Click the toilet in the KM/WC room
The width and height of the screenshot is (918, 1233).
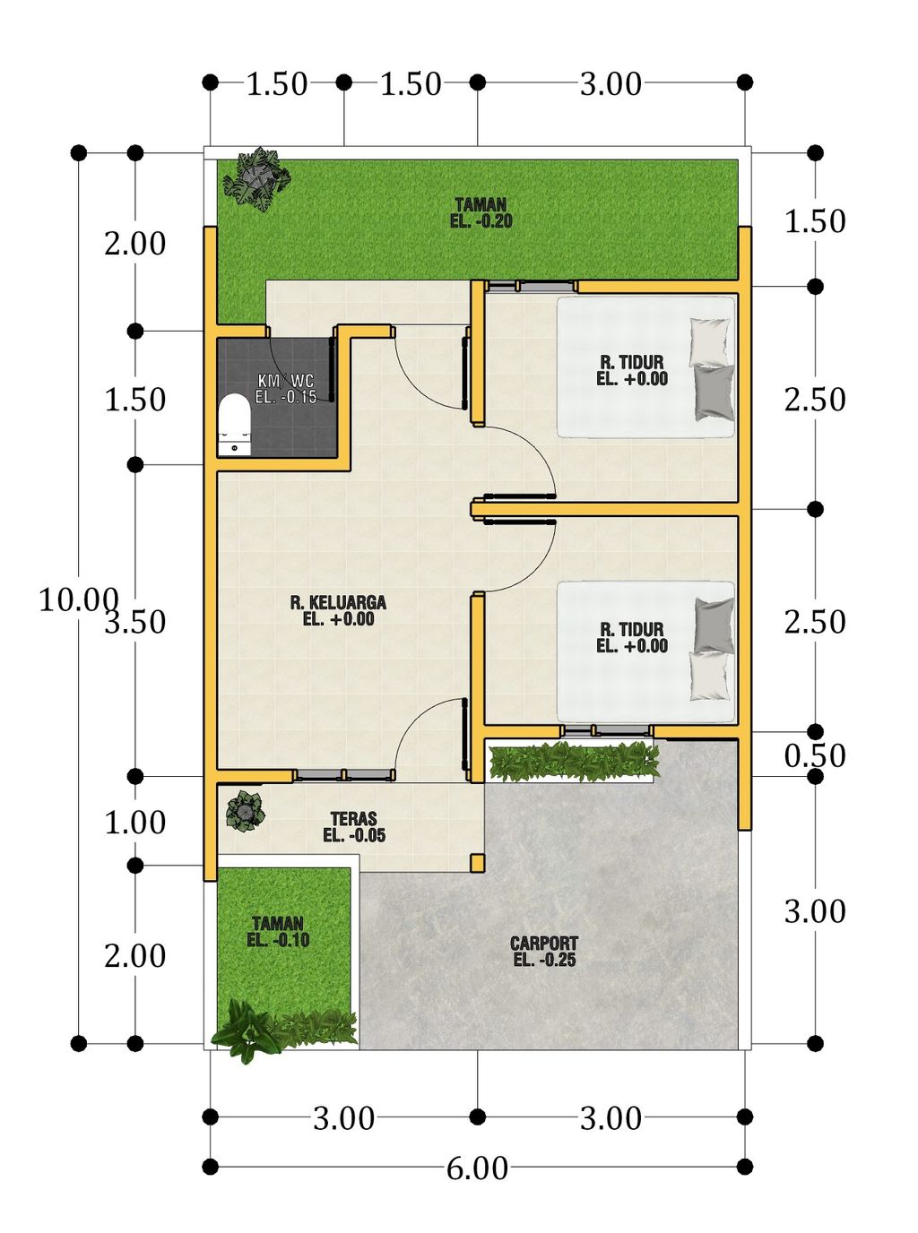point(234,426)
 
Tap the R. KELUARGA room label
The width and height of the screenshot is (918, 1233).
point(338,610)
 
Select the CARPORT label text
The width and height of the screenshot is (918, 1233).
point(544,951)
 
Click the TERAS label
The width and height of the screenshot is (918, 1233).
point(354,827)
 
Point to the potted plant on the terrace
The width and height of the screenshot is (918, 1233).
point(246,811)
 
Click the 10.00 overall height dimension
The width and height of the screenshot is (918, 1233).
point(79,599)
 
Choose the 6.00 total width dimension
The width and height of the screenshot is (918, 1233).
point(477,1168)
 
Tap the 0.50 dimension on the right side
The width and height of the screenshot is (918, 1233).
point(815,754)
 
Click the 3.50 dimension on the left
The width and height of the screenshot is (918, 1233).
point(135,622)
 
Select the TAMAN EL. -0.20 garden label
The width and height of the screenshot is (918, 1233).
point(481,212)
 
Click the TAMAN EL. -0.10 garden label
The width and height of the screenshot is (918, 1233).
point(278,932)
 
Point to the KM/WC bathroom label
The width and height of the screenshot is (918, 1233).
point(286,388)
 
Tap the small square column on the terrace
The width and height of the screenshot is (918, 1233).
point(477,862)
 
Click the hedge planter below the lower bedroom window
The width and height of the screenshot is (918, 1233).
point(574,761)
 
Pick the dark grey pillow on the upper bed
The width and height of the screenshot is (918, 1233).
point(714,392)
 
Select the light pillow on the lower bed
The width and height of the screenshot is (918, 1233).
point(709,676)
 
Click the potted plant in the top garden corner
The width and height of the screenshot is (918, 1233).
point(256,178)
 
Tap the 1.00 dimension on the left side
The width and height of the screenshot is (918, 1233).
point(135,822)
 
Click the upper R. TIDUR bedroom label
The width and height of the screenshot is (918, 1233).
point(632,370)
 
